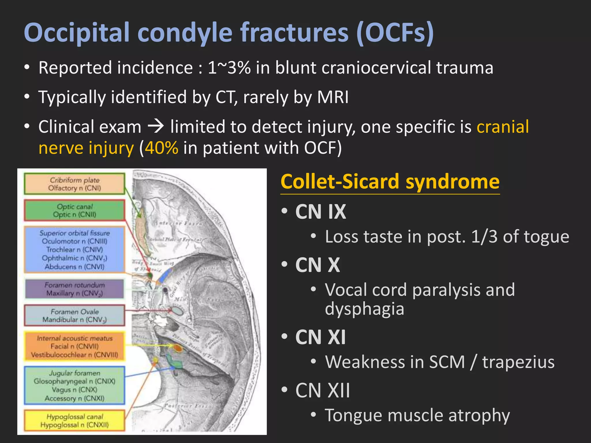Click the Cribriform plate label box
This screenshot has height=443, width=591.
74,184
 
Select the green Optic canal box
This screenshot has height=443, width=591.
74,210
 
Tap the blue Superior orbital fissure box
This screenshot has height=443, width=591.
74,249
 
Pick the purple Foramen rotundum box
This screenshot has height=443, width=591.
74,289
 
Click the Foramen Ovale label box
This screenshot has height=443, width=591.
74,316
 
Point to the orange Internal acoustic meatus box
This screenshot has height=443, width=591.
74,346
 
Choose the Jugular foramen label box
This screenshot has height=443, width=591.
74,385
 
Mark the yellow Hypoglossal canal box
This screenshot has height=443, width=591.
74,421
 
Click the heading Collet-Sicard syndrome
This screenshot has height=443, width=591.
390,182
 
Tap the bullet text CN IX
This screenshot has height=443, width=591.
320,212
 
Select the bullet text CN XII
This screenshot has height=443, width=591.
322,391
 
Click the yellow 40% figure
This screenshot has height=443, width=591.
162,148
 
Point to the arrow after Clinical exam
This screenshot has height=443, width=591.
156,126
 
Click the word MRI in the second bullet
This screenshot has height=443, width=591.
333,97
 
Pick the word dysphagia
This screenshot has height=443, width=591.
364,309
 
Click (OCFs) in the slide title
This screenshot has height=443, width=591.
395,32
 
